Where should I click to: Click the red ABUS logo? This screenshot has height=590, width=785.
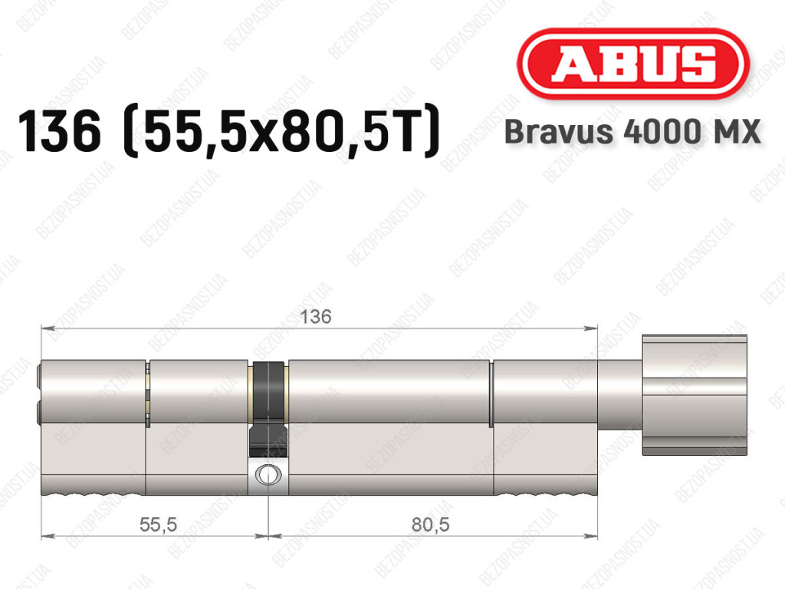[632, 64]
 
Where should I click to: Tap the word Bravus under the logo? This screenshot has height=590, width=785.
[558, 132]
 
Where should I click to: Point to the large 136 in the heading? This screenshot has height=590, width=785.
[59, 131]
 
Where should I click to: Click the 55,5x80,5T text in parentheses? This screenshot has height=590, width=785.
[282, 132]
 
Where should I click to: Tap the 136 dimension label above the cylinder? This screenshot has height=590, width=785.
[315, 317]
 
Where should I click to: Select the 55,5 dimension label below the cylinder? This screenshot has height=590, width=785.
[158, 524]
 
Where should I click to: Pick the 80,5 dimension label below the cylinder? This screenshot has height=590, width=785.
[431, 524]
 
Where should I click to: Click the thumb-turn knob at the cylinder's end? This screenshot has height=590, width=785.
[695, 394]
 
